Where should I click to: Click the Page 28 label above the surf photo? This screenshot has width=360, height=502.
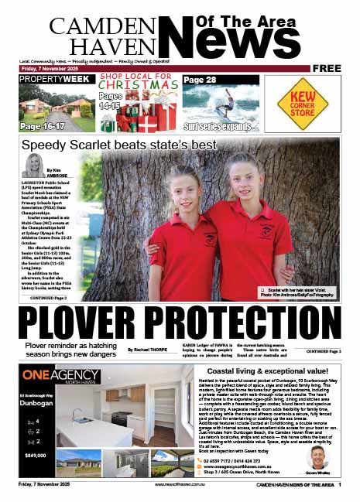point(201,80)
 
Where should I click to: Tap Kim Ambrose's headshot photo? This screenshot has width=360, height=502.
point(34,165)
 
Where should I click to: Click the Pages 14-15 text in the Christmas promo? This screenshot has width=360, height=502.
point(111,101)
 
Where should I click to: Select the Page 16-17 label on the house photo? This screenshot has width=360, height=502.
point(42,125)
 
